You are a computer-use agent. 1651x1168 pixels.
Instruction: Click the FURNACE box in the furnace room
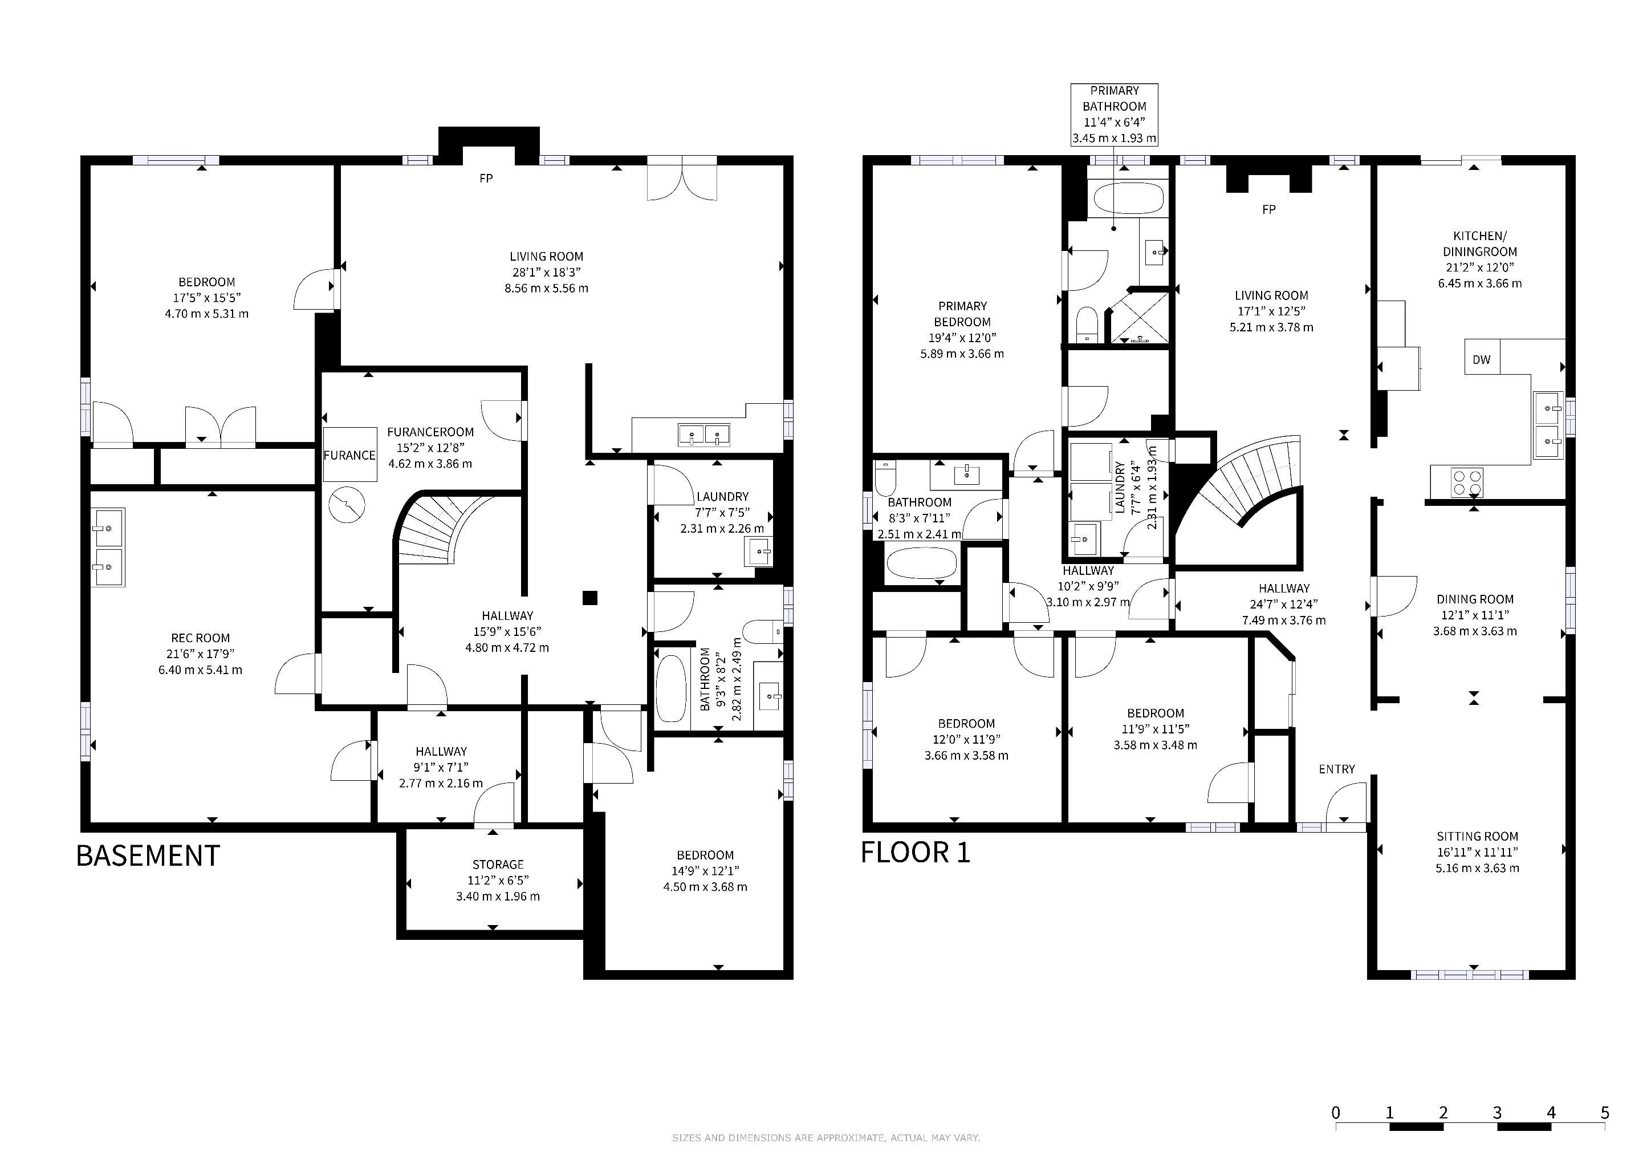coord(349,455)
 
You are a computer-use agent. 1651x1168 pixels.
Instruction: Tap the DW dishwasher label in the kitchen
coord(1481,360)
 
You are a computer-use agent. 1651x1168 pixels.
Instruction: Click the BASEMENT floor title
coord(148,856)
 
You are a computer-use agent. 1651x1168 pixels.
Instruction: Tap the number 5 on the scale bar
coord(1605,1113)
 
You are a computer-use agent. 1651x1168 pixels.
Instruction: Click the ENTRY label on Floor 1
coord(1337,769)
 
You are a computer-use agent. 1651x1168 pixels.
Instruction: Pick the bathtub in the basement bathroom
coord(672,688)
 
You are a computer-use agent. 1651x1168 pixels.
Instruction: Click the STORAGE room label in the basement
coord(498,865)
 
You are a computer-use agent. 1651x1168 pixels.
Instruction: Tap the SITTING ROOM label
coord(1477,837)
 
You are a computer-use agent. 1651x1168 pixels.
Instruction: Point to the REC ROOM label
coord(201,638)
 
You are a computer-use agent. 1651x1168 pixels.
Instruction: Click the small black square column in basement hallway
coord(589,598)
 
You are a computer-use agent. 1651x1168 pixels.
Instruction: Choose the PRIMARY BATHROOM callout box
coord(1114,115)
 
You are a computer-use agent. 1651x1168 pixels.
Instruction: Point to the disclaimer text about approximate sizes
coord(825,1138)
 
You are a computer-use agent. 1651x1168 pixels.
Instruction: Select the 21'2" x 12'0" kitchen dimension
coord(1480,267)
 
